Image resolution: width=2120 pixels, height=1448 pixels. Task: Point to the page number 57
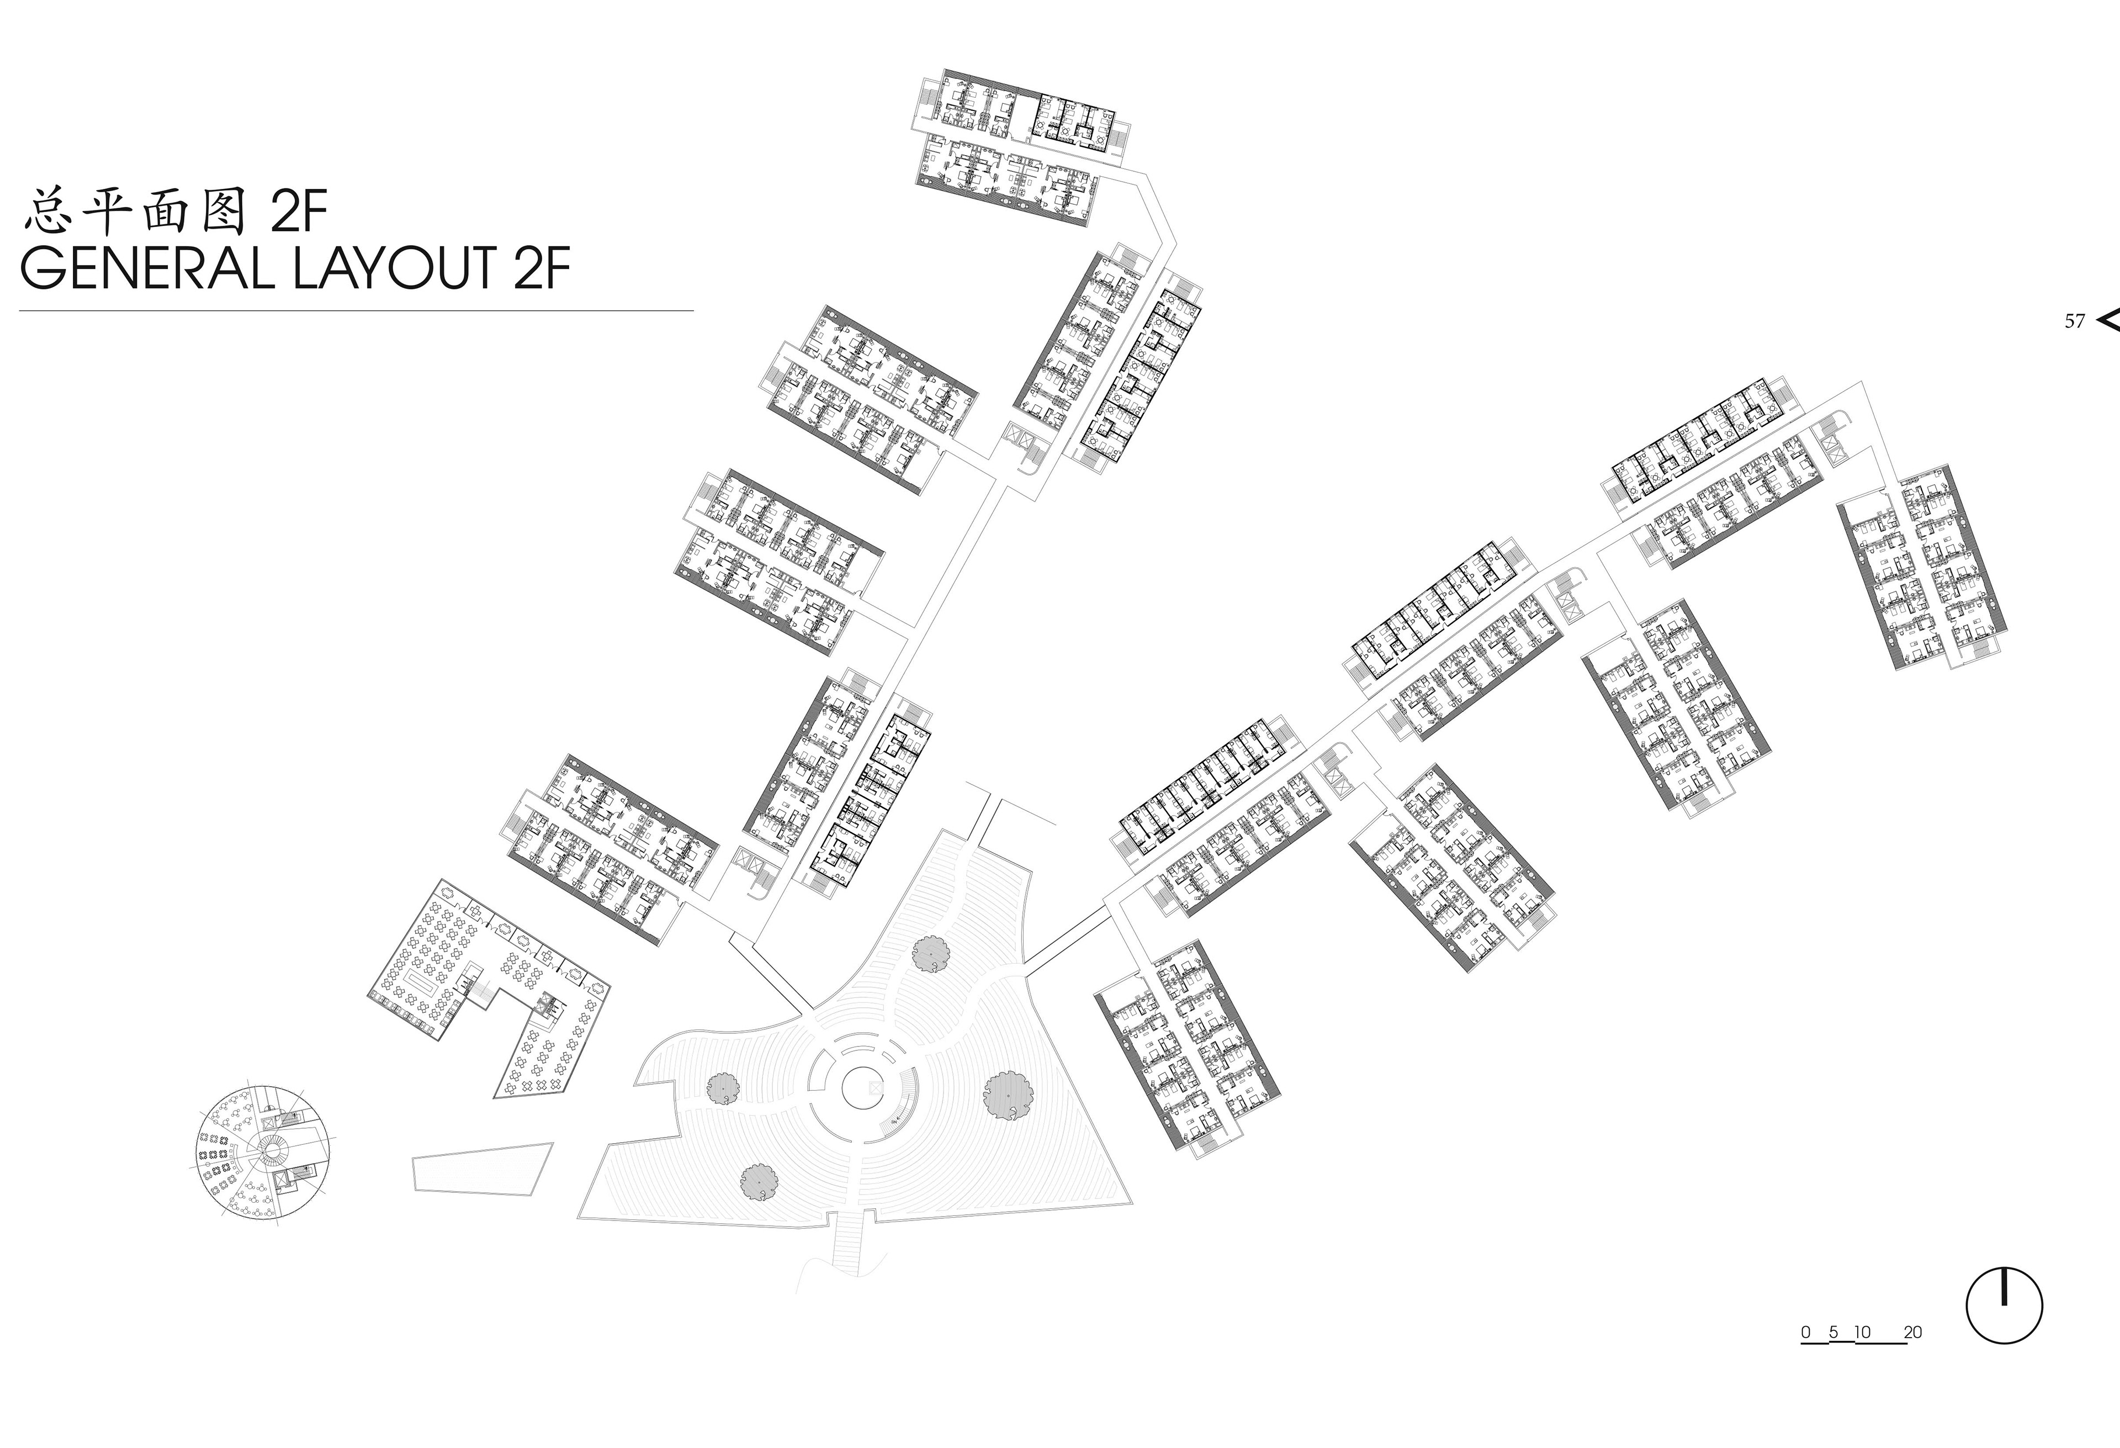(x=2074, y=321)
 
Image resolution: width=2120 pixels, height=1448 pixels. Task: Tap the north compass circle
(x=2004, y=1305)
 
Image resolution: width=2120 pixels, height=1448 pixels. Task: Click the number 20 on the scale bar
(x=1913, y=1332)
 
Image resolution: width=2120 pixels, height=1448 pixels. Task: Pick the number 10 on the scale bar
(x=1862, y=1332)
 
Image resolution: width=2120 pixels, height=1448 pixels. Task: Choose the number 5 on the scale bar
(x=1833, y=1332)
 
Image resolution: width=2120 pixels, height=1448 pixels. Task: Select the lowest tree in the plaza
(x=759, y=1182)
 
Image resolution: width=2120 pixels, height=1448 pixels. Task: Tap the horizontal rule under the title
(x=356, y=311)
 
